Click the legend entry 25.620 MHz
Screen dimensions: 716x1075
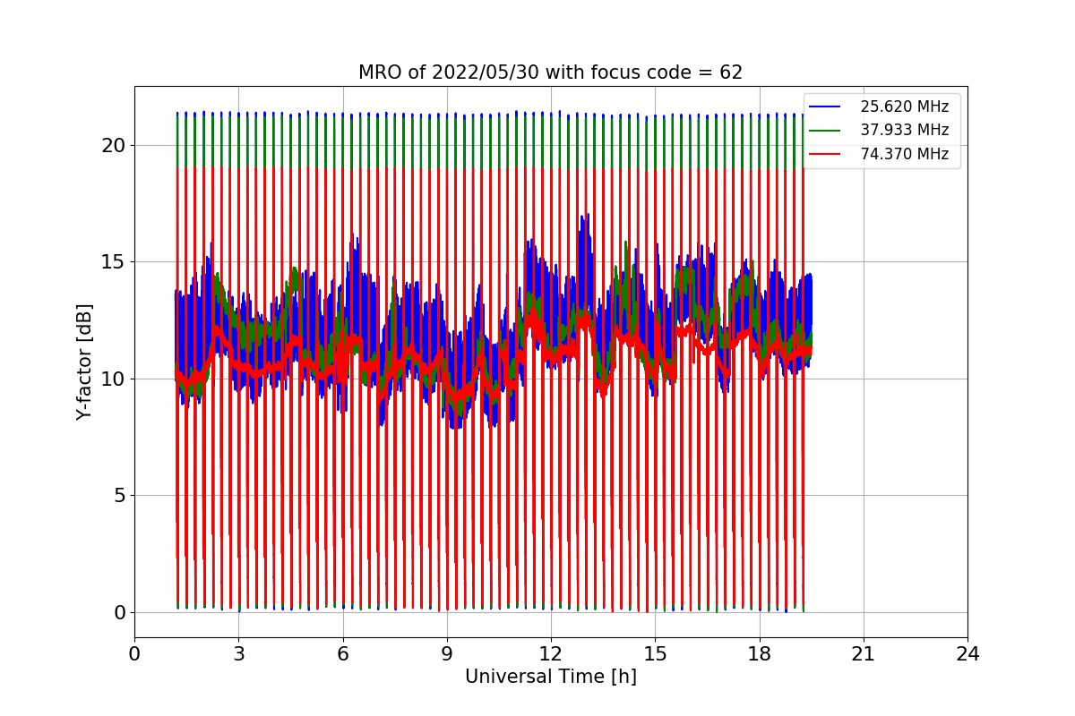(x=904, y=107)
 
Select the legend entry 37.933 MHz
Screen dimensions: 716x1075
(x=904, y=131)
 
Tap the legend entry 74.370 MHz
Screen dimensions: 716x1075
(x=904, y=154)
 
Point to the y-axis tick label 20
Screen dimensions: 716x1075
(x=113, y=145)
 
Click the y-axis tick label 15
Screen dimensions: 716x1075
(x=113, y=262)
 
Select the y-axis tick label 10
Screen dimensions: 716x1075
(x=113, y=379)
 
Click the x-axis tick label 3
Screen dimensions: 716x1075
(x=238, y=653)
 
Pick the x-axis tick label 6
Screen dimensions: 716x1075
(x=342, y=653)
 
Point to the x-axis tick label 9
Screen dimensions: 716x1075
(x=447, y=653)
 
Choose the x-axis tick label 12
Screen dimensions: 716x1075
(x=551, y=653)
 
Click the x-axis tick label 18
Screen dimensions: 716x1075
(x=759, y=653)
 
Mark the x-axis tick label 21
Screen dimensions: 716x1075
(x=863, y=653)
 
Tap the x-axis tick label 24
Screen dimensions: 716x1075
(x=967, y=653)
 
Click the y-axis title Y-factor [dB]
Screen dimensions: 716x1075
(x=84, y=362)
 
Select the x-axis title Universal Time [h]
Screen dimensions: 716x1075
(x=550, y=677)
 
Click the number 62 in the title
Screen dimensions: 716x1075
(x=731, y=72)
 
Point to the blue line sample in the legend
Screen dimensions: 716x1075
(x=825, y=107)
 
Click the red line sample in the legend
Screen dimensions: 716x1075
(x=825, y=154)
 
